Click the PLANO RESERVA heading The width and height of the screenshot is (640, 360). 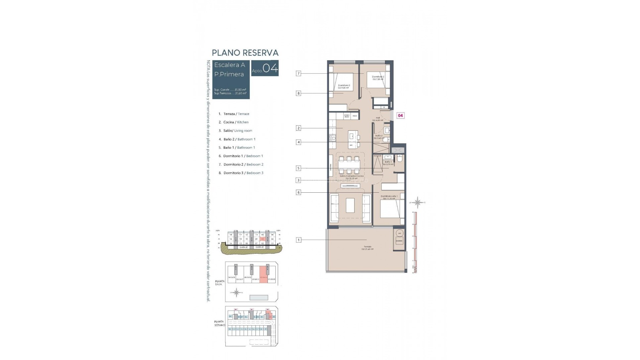coord(245,53)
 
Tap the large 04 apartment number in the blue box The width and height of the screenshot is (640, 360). coord(270,68)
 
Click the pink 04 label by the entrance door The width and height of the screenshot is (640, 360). coord(400,116)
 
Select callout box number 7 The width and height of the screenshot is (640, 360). coord(298,73)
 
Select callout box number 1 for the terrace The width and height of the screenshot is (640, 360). coord(298,240)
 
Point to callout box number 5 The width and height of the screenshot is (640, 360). coord(298,168)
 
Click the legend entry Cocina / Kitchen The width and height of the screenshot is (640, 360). coord(236,122)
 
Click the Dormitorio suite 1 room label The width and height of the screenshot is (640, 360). coord(389,197)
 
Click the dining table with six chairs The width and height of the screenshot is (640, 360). coord(349,165)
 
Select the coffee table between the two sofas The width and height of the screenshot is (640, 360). coord(350,205)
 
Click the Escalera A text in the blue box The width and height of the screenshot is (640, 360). coord(229,65)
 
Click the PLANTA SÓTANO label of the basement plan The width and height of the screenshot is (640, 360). coord(219,323)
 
